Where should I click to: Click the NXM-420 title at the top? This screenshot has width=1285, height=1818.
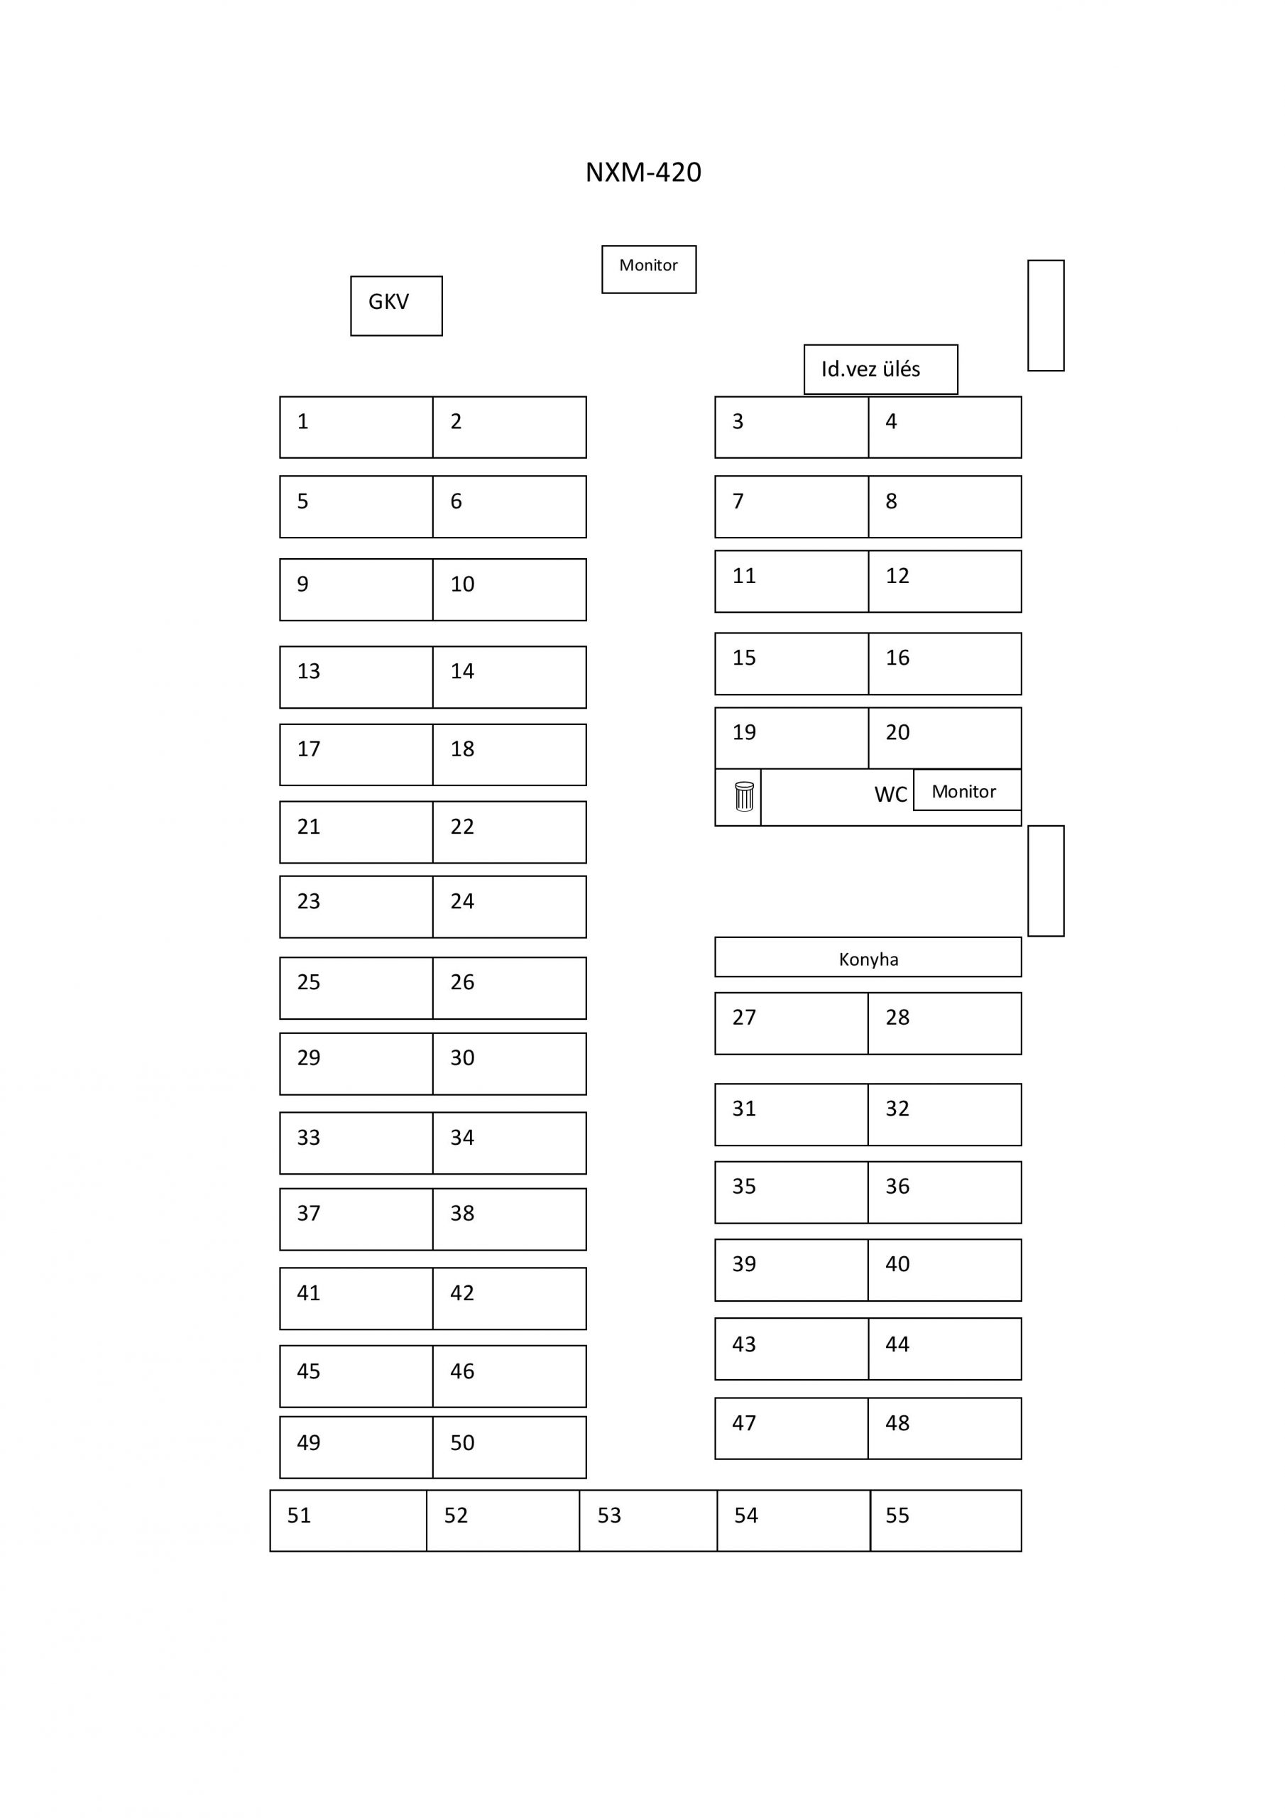click(x=643, y=172)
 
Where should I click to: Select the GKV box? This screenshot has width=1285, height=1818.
click(x=396, y=305)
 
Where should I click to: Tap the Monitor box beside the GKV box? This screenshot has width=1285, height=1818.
click(x=648, y=269)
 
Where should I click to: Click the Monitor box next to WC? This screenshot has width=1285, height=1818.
click(x=967, y=790)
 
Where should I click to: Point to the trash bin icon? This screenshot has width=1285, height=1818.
click(x=744, y=796)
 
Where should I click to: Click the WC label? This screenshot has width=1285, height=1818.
click(x=890, y=794)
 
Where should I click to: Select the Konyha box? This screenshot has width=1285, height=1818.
click(x=868, y=957)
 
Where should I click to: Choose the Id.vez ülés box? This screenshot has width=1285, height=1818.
click(x=880, y=369)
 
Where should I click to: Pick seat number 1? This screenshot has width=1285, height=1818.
click(x=356, y=427)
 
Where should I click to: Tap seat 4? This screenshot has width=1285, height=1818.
click(x=944, y=427)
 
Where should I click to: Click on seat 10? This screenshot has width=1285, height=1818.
click(x=509, y=589)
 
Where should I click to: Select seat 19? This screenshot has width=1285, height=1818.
click(x=792, y=738)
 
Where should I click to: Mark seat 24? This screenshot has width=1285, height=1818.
click(x=509, y=907)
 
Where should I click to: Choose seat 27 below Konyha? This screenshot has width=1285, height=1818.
click(x=792, y=1023)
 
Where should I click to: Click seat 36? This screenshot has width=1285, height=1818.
click(x=944, y=1192)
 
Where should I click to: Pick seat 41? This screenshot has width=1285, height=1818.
click(x=356, y=1299)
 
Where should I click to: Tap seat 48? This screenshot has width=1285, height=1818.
click(x=944, y=1428)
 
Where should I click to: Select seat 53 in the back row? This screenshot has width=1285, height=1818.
click(x=648, y=1520)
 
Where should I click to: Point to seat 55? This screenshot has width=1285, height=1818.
click(x=946, y=1520)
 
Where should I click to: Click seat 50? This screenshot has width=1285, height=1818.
click(x=509, y=1447)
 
